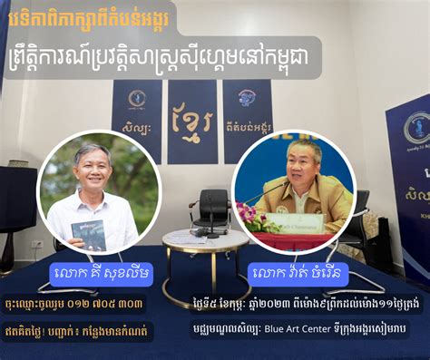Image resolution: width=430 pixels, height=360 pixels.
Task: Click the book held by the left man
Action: [89, 233]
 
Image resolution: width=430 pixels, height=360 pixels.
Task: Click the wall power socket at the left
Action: [37, 243]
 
